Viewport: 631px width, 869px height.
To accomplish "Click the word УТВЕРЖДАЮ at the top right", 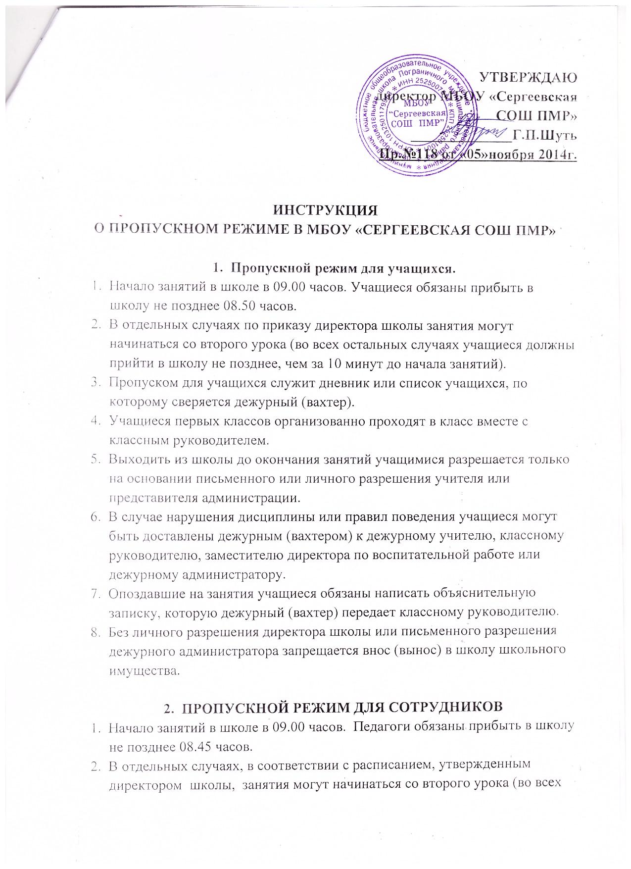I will click(x=529, y=78).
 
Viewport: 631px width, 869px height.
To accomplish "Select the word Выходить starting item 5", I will click(x=135, y=460).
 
